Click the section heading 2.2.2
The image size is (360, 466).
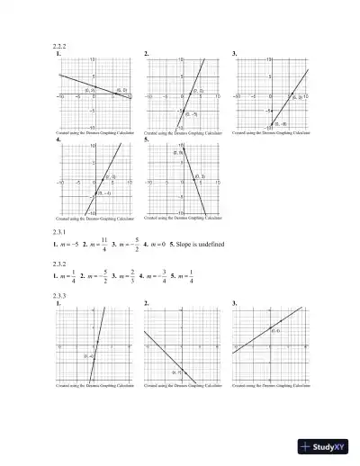pyautogui.click(x=62, y=46)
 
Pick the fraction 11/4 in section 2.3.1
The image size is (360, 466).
pyautogui.click(x=104, y=246)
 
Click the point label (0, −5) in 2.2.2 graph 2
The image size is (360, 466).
pyautogui.click(x=191, y=114)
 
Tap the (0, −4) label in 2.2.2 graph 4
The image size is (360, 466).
pyautogui.click(x=104, y=193)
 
